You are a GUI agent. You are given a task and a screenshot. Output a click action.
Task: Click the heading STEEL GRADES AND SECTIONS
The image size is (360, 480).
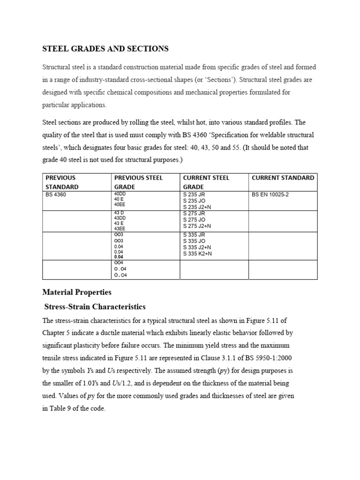point(105,49)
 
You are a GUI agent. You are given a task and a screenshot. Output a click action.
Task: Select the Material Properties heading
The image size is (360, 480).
point(77,292)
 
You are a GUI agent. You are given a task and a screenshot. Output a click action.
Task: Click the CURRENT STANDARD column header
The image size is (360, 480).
point(283,178)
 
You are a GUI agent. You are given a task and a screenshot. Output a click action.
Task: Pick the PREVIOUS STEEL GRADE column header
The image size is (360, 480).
point(138,182)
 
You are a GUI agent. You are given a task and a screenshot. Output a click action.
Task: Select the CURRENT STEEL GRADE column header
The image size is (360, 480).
point(206,182)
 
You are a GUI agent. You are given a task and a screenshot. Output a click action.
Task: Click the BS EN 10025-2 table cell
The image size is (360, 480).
point(270,194)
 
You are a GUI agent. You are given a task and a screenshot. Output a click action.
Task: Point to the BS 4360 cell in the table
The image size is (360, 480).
point(56,194)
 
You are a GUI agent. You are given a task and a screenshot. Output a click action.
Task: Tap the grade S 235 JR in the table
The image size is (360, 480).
point(194,194)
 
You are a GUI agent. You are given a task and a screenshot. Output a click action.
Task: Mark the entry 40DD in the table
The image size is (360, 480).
point(120,194)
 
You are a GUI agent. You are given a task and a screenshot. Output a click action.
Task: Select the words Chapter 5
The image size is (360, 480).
point(57,333)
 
